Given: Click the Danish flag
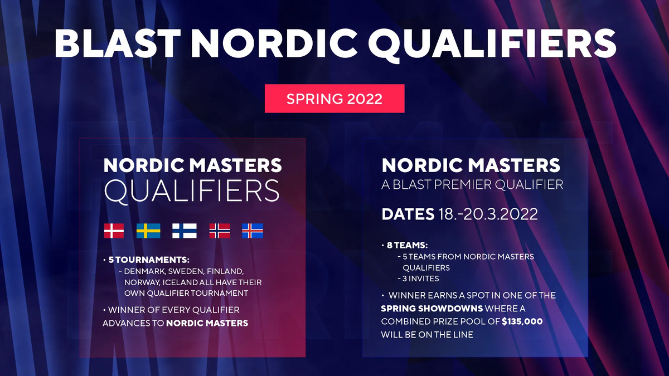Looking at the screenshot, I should coord(114,231).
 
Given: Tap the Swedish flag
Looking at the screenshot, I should coord(148,231).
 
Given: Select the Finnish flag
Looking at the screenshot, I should coord(184,231).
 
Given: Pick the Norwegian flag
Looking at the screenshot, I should coord(219,231).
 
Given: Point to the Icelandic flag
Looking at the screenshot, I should coord(253,231).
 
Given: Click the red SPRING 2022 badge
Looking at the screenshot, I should coord(334,99).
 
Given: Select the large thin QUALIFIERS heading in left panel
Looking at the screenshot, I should coord(192,191).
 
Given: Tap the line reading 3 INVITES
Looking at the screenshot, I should coord(418,279).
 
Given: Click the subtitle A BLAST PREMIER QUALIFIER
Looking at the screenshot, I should coord(472,184).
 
